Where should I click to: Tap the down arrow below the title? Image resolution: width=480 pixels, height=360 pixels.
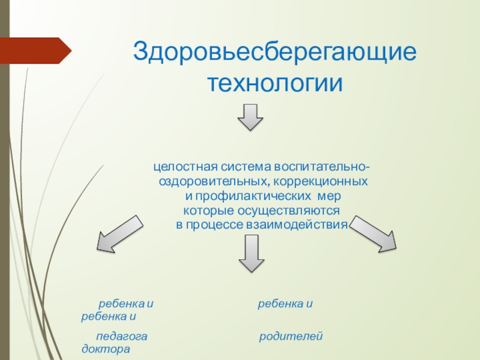point(250,117)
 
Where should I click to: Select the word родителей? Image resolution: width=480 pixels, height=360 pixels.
point(291,337)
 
